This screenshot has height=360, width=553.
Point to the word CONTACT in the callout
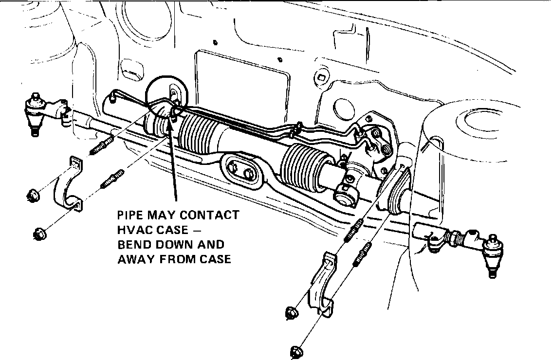coord(212,215)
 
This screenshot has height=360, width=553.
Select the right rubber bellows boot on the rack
coord(300,165)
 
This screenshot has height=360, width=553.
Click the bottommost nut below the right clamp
coord(296,350)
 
